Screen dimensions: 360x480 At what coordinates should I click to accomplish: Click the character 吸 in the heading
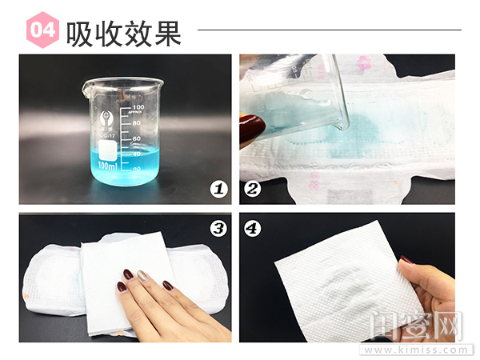(82, 32)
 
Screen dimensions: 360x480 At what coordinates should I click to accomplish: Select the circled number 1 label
(217, 189)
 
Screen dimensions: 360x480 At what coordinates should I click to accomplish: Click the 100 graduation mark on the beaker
(138, 107)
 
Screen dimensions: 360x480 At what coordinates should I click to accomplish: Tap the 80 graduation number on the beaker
(138, 123)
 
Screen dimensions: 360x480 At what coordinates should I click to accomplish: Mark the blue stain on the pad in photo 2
(360, 128)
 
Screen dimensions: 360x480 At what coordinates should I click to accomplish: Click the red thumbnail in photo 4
(406, 261)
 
